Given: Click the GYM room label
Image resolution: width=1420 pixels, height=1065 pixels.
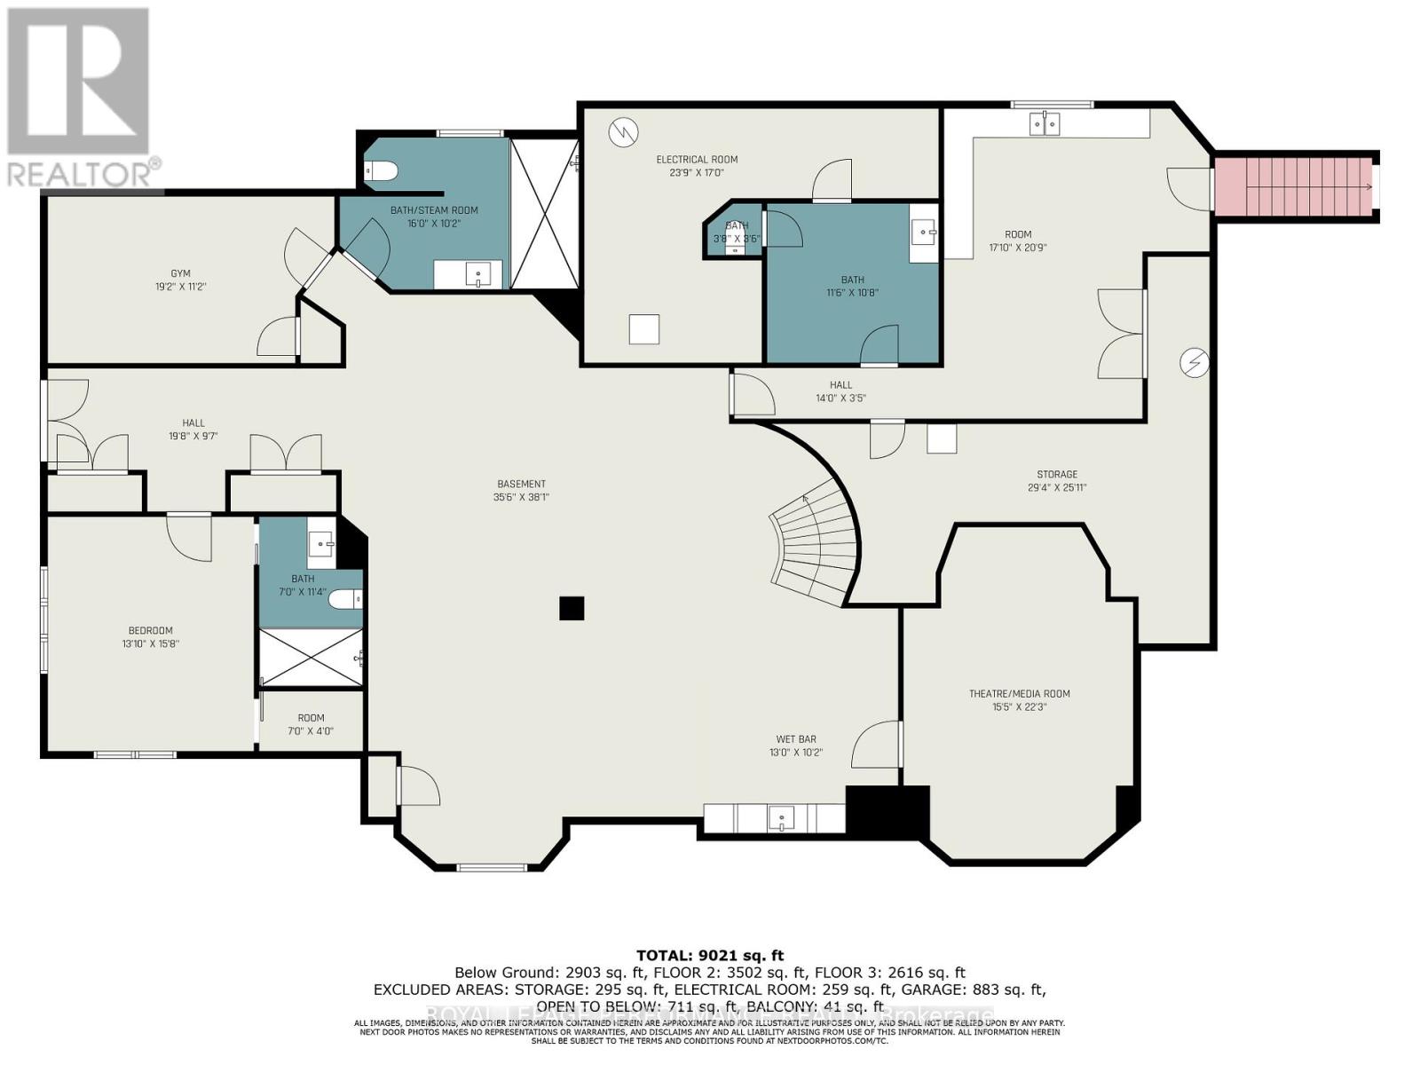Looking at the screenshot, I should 181,274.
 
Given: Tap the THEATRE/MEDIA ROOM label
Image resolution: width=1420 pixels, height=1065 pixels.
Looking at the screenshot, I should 1019,694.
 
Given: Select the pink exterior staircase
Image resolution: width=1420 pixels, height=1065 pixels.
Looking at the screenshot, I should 1295,186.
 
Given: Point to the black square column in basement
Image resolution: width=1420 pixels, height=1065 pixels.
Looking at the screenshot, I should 572,608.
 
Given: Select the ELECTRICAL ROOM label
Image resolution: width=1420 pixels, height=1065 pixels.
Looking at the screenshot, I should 697,160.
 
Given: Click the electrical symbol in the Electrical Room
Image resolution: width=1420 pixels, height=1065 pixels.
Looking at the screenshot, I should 623,132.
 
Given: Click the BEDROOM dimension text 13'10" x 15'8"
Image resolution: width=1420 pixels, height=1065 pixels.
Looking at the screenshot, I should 150,643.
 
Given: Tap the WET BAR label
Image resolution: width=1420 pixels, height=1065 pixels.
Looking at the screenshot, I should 795,738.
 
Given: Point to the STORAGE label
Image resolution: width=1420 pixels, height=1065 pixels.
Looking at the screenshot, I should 1056,474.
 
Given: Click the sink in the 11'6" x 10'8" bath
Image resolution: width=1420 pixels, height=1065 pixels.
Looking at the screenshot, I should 925,234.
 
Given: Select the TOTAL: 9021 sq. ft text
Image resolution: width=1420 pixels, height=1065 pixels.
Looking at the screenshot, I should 710,955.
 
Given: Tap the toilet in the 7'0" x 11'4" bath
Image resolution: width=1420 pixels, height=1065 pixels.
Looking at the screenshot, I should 345,600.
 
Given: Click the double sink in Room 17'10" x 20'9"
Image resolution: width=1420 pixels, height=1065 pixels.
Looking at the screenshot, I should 1045,124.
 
